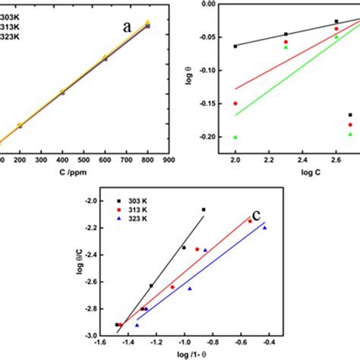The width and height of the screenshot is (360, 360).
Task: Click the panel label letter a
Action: pyautogui.click(x=128, y=27)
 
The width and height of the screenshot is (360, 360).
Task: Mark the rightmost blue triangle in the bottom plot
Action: pyautogui.click(x=265, y=227)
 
